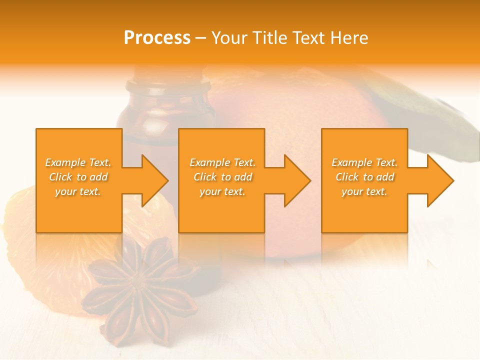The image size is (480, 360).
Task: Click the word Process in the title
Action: tap(157, 37)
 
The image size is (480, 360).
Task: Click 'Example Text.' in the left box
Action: tap(78, 162)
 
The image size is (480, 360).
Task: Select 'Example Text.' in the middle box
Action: tap(222, 162)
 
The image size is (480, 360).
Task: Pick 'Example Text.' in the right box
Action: tap(364, 162)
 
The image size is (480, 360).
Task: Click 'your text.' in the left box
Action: tap(78, 191)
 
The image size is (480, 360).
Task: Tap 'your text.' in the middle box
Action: tap(222, 191)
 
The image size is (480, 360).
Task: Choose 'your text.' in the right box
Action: tap(364, 191)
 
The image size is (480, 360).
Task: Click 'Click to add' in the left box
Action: tap(78, 177)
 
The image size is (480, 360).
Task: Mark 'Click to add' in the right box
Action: tap(364, 177)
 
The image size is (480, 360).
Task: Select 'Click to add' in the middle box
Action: tap(222, 177)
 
